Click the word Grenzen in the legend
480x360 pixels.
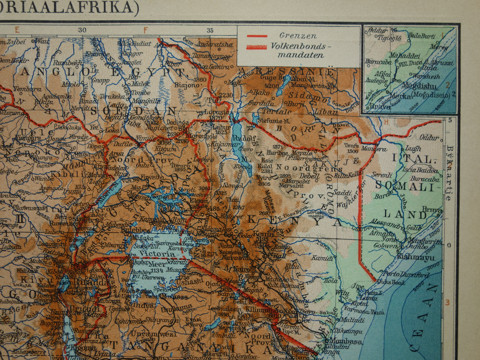point(298,36)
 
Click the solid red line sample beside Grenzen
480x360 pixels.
point(256,36)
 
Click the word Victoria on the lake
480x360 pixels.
point(157,254)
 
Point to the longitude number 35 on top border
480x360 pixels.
point(210,30)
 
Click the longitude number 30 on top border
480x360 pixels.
point(82,30)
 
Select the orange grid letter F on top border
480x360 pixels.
point(145,30)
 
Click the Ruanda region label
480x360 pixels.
point(87,282)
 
